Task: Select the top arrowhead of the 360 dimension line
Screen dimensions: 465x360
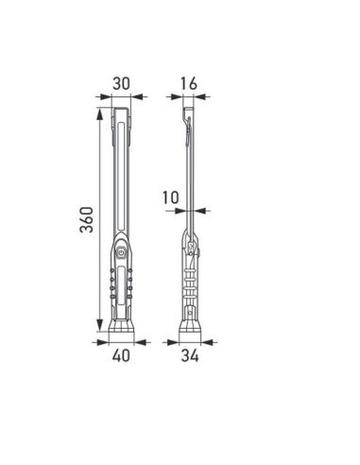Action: tap(98, 112)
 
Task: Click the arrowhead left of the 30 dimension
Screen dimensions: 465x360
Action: tap(101, 95)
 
